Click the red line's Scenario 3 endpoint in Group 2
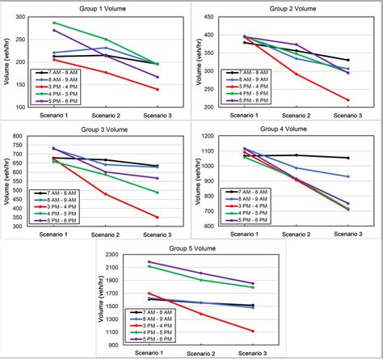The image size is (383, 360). [x=348, y=100]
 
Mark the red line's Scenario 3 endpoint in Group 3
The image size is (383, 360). [x=158, y=217]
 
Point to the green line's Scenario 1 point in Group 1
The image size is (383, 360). [x=54, y=23]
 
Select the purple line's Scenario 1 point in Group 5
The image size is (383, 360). [x=149, y=261]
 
